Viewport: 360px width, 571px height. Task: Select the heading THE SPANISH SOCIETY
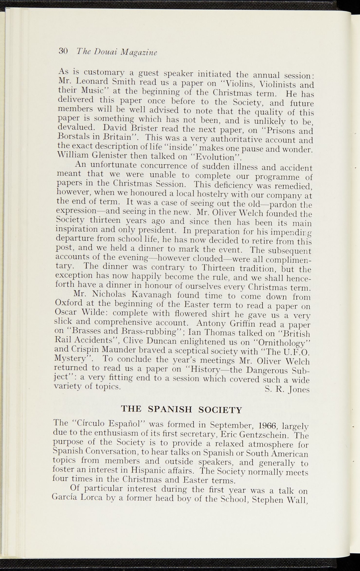(x=181, y=409)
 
